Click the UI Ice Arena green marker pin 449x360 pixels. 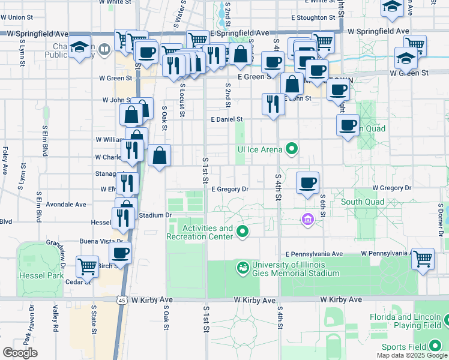(x=292, y=148)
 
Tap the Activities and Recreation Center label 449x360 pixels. (x=207, y=232)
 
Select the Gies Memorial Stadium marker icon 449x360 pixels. (x=243, y=268)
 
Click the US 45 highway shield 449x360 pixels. (x=122, y=300)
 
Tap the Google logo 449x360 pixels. (x=20, y=353)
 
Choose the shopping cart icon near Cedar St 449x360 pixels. (x=88, y=265)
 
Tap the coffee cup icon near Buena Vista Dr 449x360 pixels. (x=121, y=253)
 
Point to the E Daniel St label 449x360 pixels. (x=226, y=120)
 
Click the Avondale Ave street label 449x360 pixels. (x=66, y=204)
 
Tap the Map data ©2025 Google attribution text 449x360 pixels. (x=411, y=355)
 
